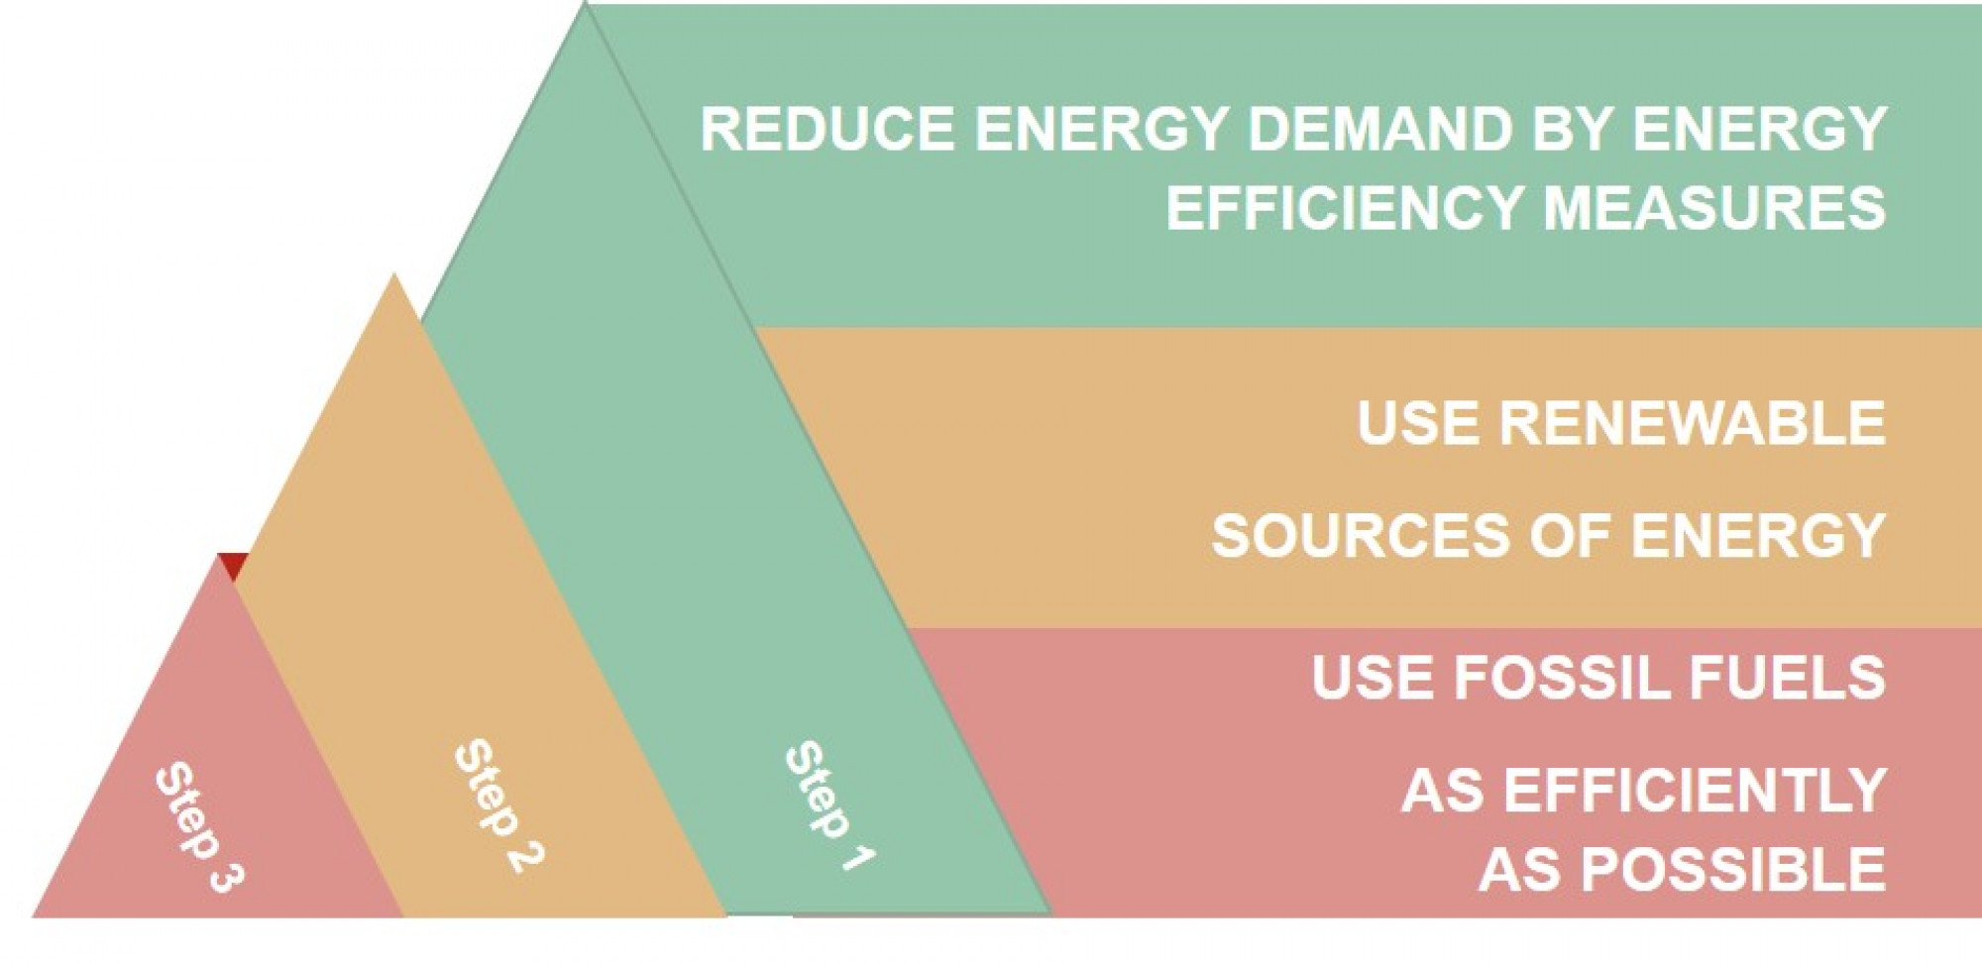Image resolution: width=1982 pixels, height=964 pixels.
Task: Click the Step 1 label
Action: (x=829, y=805)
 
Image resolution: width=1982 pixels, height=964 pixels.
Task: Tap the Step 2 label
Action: (x=498, y=804)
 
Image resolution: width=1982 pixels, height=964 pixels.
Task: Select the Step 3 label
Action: (x=199, y=826)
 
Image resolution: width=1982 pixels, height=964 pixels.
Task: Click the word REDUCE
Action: (x=827, y=130)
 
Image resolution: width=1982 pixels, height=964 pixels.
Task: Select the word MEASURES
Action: (x=1714, y=208)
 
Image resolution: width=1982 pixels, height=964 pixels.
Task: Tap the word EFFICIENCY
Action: (x=1345, y=208)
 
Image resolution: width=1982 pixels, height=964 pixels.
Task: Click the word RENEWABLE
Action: (x=1692, y=423)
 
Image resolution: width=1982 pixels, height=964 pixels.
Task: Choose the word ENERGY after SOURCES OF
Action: (x=1758, y=536)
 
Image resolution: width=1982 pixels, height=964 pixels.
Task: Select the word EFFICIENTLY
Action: (x=1695, y=791)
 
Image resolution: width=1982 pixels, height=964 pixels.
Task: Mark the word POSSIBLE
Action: (x=1733, y=870)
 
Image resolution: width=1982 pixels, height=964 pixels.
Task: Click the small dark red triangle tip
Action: (x=233, y=565)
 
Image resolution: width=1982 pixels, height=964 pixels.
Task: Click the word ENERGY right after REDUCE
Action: (x=1101, y=130)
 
